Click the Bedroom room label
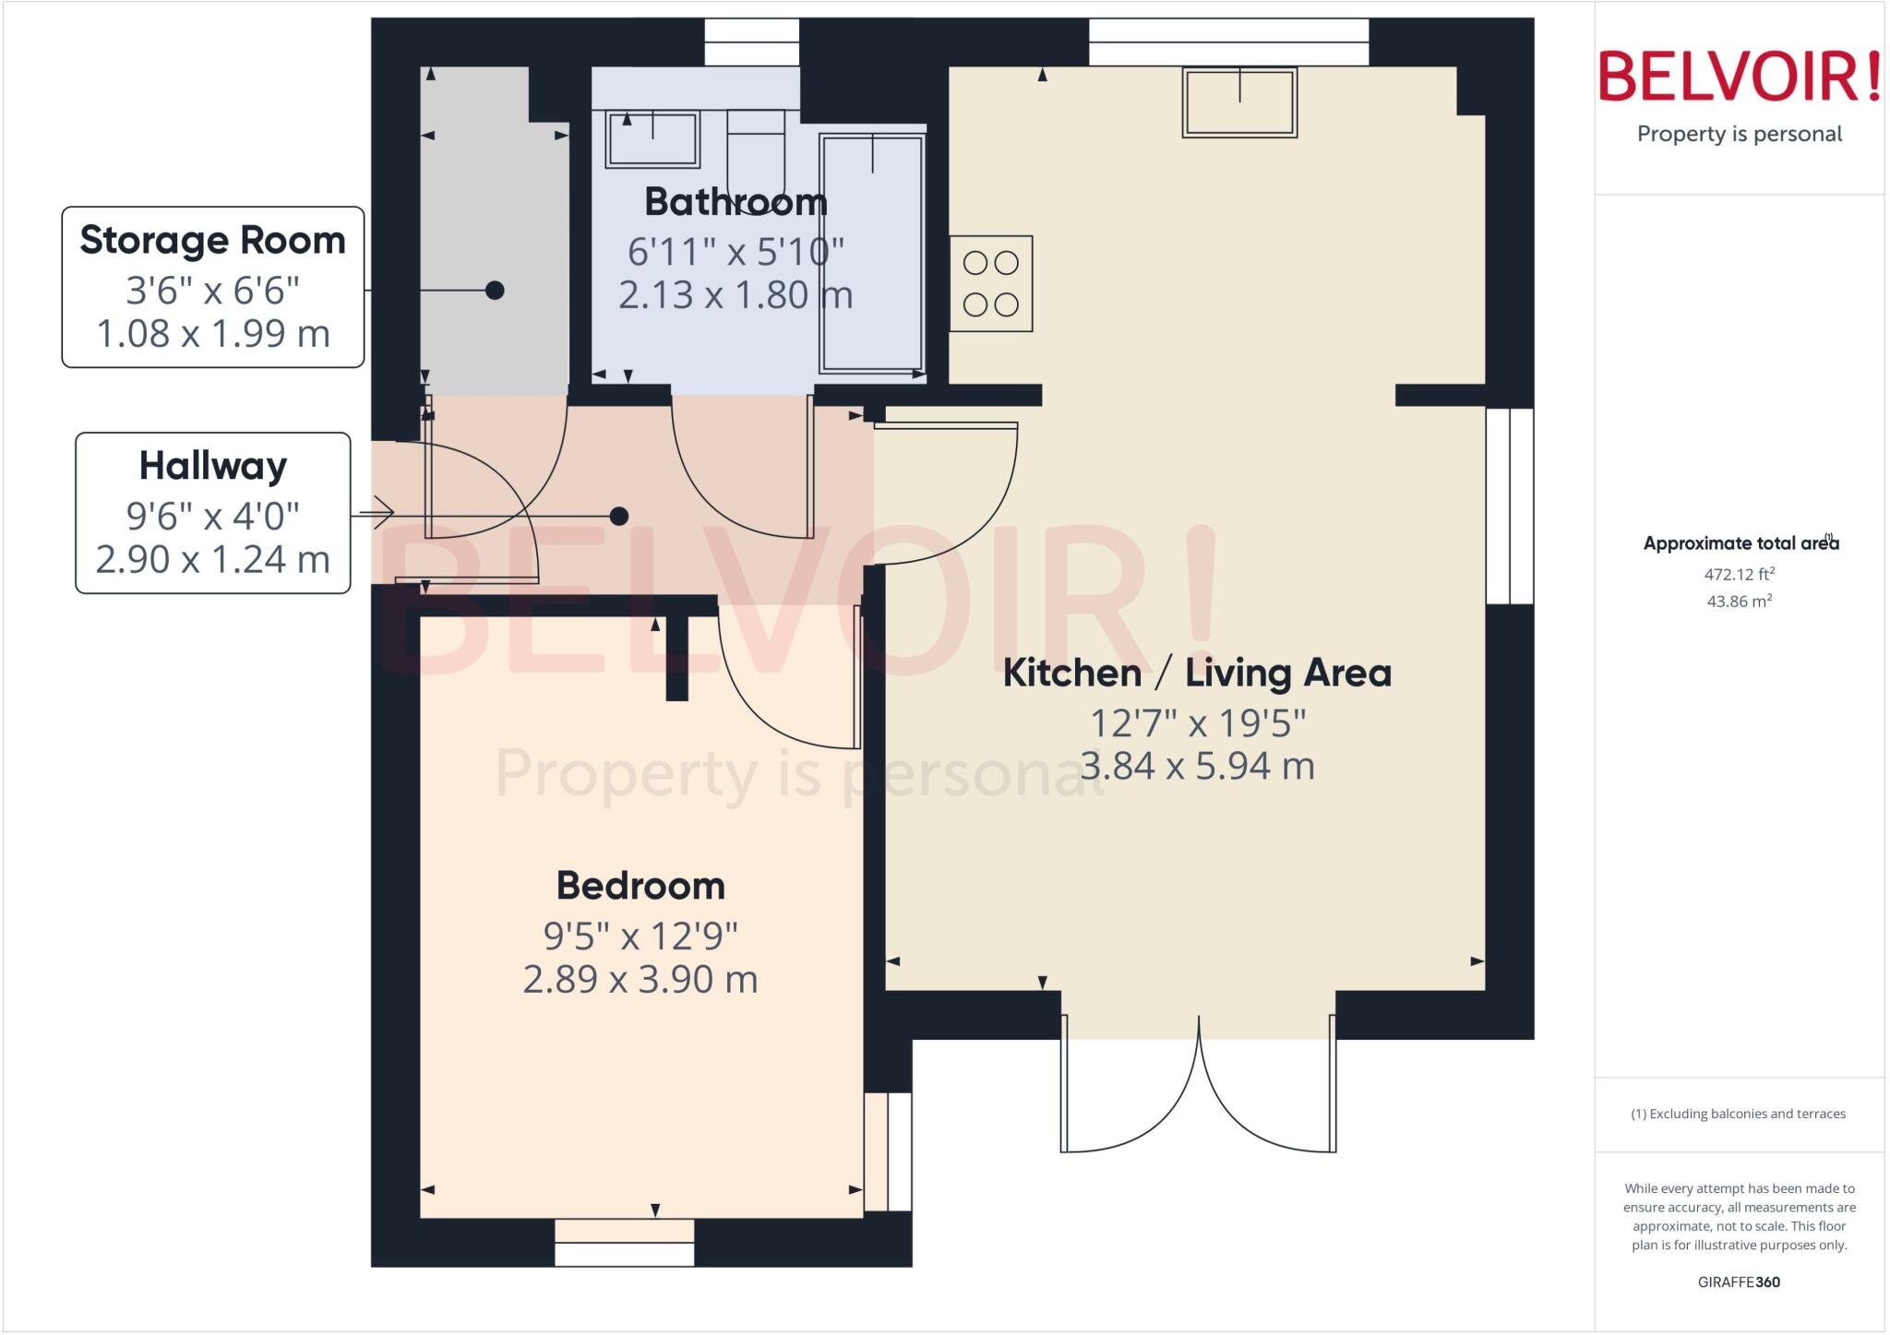coord(640,886)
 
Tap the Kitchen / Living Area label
coord(1197,673)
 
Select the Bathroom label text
coord(736,201)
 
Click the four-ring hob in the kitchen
coord(990,283)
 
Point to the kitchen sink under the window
coord(1239,102)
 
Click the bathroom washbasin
coord(652,139)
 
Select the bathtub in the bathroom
coord(871,253)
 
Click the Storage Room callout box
coord(213,287)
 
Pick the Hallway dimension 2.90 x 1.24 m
coord(213,559)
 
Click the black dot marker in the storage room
coord(495,291)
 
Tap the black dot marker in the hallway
coord(619,516)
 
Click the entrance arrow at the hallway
coord(378,513)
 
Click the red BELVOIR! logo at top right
coord(1739,77)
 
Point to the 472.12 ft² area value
coord(1739,574)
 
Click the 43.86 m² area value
coord(1739,602)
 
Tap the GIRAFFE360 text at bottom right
coord(1739,1281)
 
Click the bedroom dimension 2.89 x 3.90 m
coord(640,979)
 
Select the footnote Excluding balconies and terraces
coord(1739,1114)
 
